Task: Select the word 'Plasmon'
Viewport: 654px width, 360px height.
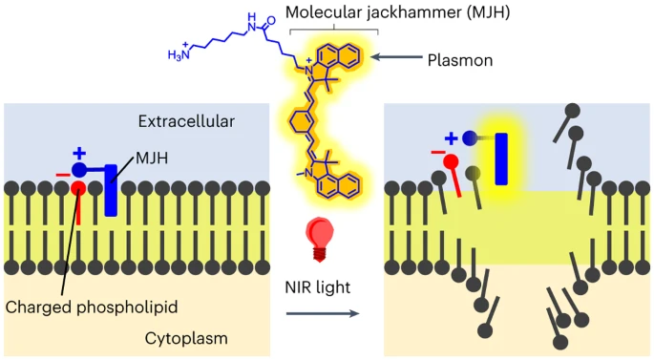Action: (x=458, y=59)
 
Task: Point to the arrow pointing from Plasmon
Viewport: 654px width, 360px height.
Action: (x=395, y=59)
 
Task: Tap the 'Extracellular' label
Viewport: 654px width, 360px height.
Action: (x=186, y=120)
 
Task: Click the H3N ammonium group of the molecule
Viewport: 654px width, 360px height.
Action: (x=180, y=54)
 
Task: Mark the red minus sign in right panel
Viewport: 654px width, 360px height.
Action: (x=436, y=153)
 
